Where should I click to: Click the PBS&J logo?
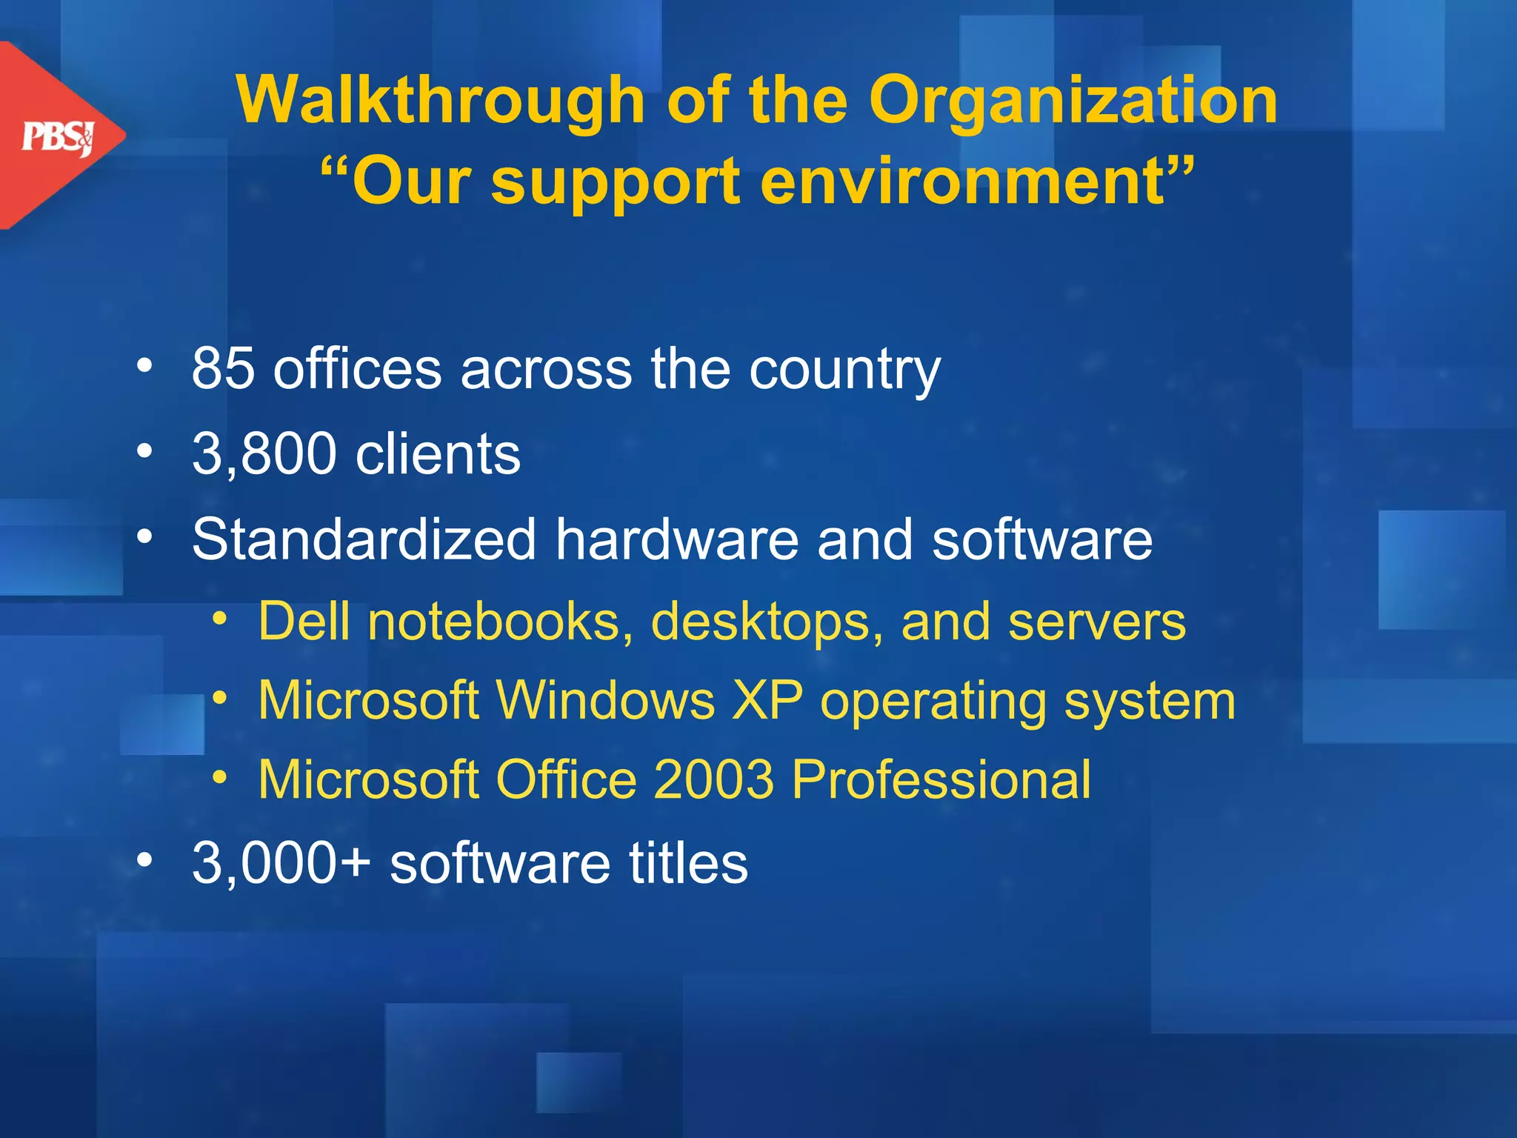(59, 137)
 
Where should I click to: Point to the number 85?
(223, 368)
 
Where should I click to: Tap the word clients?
(438, 453)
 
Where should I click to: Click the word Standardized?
(364, 539)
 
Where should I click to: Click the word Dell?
(304, 621)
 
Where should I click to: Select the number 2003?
(713, 779)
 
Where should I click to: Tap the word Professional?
(941, 779)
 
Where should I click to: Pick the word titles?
(688, 862)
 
